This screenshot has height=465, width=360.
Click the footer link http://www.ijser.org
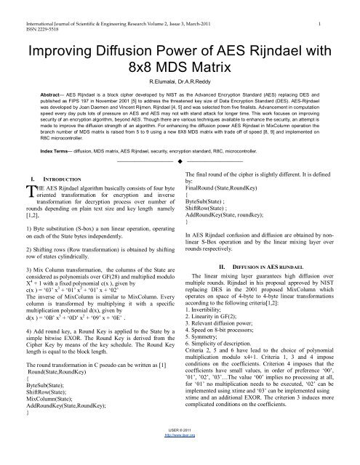180,460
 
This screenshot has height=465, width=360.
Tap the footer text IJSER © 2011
179,453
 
